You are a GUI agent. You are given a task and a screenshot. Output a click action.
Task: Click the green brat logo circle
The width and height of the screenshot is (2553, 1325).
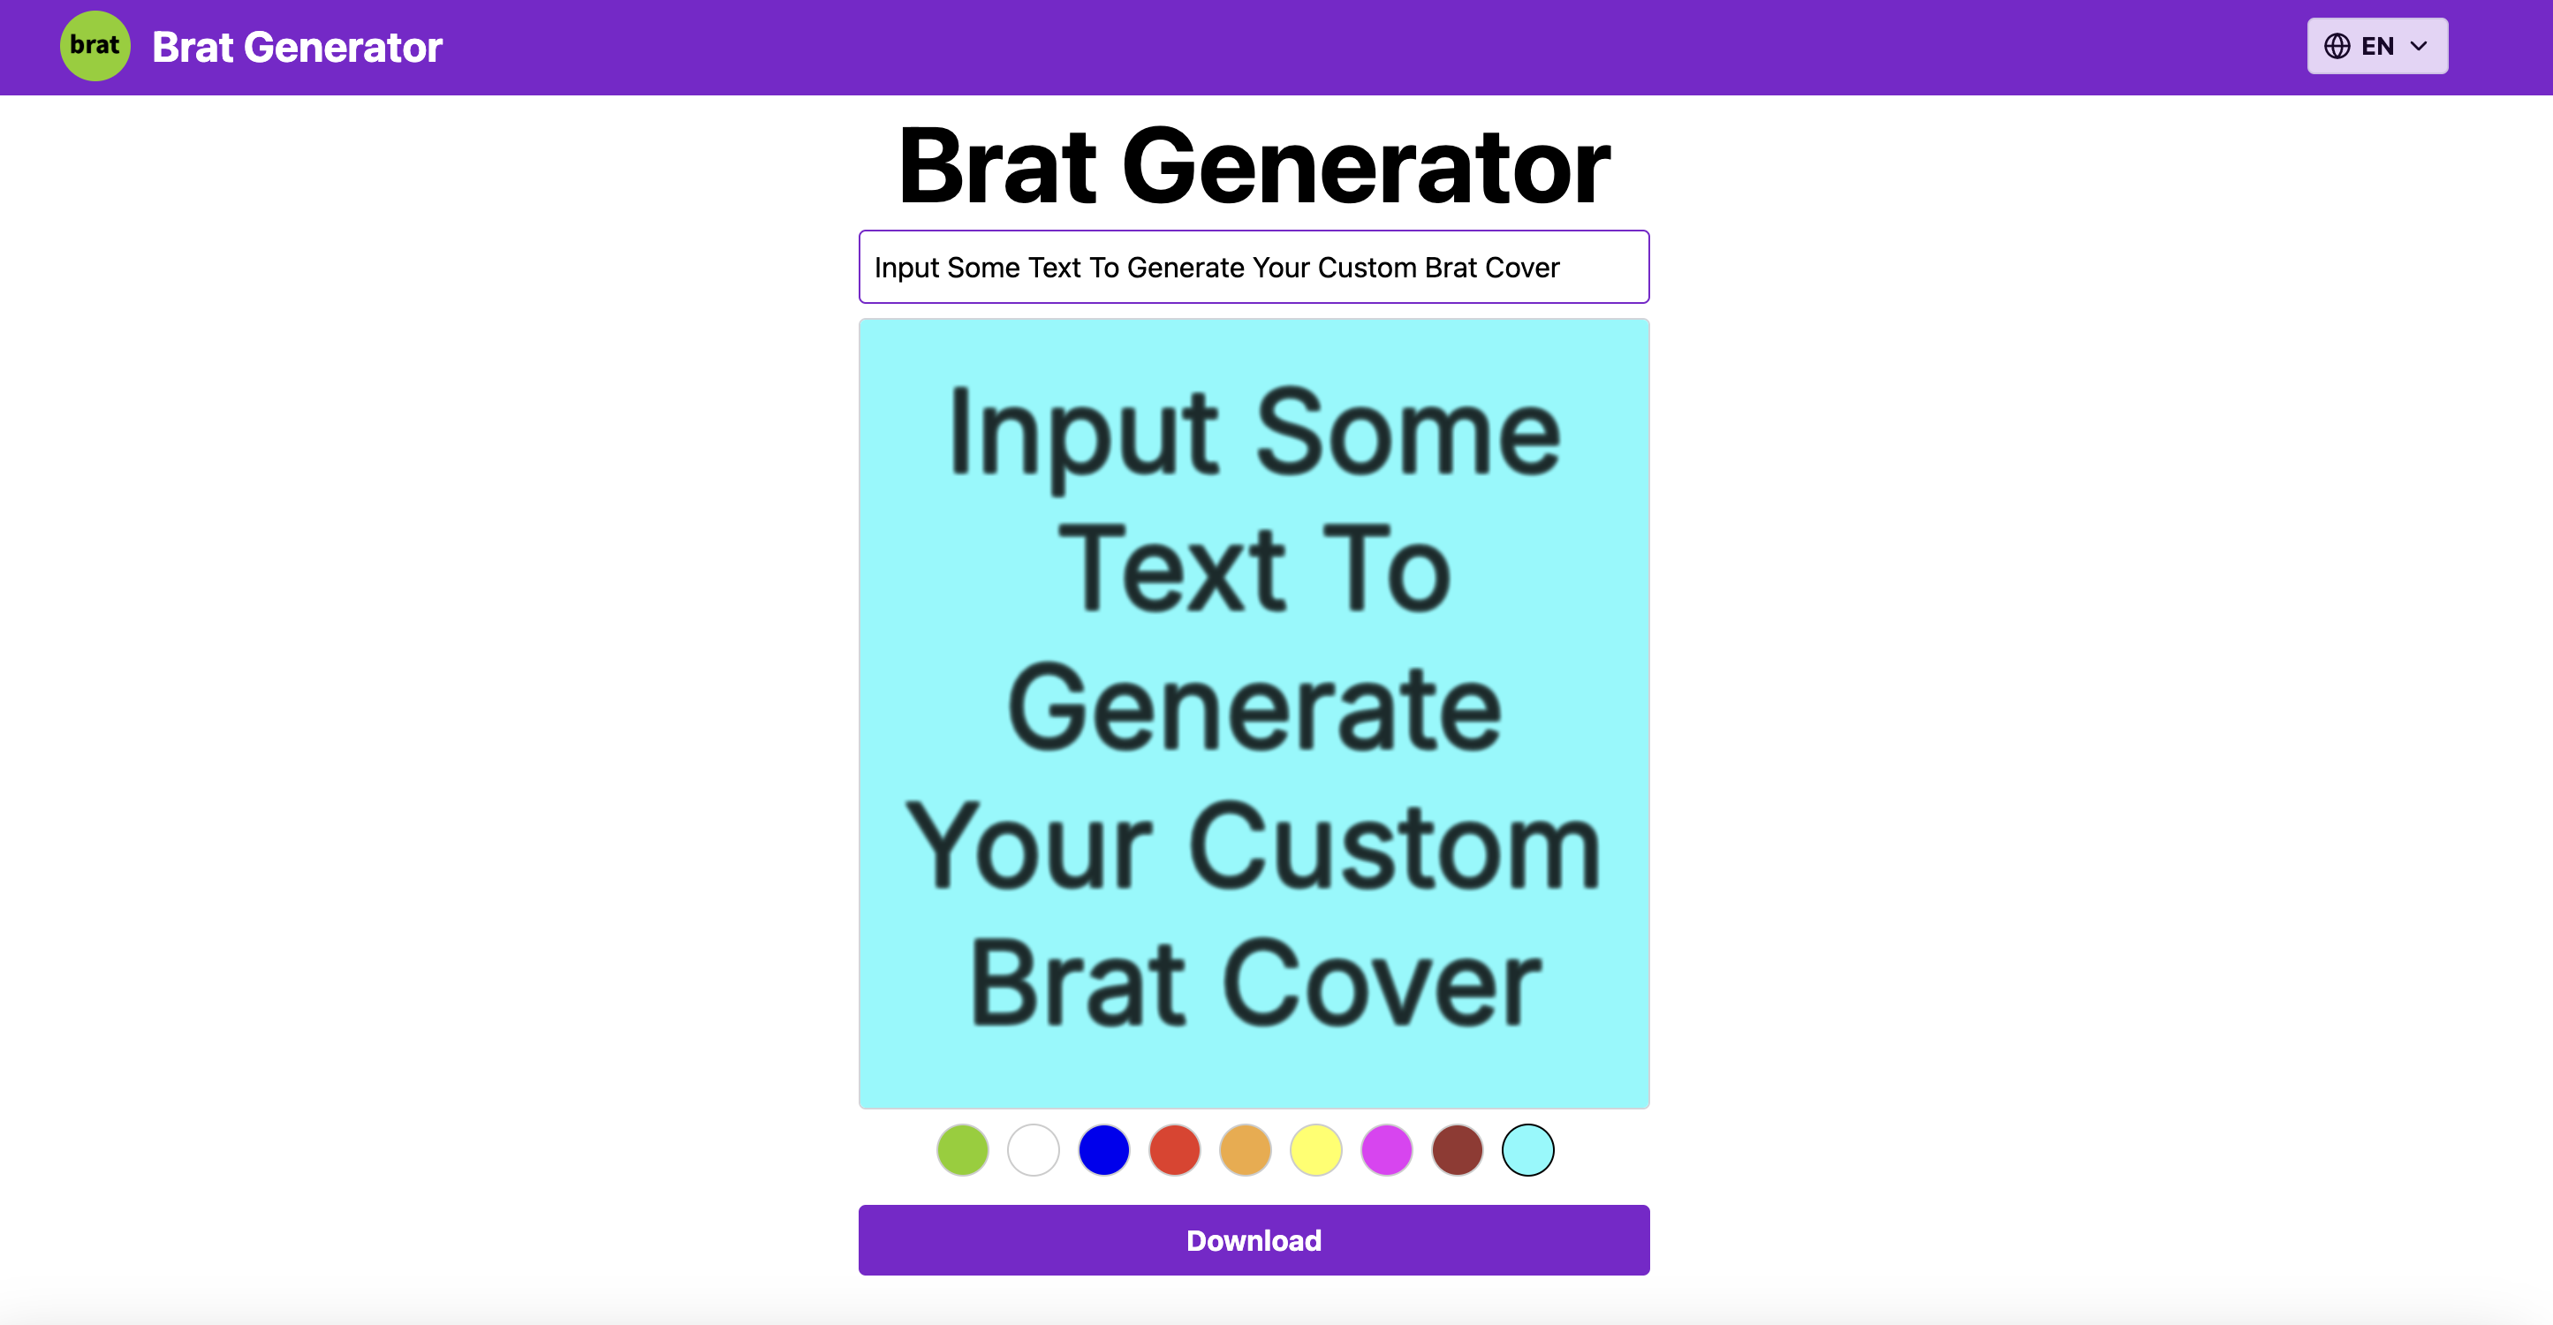point(95,46)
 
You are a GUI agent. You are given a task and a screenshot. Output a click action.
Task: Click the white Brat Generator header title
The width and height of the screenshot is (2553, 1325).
point(298,47)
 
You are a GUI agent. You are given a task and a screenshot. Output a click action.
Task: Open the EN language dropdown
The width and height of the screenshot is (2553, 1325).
point(2375,46)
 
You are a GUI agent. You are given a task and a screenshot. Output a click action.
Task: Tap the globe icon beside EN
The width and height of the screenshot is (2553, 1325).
point(2336,46)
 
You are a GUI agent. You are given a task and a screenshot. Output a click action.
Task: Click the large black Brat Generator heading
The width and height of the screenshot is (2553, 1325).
point(1254,165)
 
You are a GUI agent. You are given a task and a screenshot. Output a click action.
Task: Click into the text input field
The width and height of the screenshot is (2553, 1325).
point(1254,267)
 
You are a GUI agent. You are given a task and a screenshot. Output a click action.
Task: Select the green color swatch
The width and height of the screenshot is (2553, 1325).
point(962,1149)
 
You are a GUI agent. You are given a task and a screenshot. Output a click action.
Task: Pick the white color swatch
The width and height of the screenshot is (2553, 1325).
point(1033,1149)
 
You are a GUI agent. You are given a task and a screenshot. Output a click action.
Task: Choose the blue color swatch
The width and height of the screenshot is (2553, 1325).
point(1104,1149)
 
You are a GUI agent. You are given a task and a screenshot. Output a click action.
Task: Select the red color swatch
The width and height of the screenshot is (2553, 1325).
point(1174,1149)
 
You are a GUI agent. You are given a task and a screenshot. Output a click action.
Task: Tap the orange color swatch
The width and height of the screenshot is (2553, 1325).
point(1245,1149)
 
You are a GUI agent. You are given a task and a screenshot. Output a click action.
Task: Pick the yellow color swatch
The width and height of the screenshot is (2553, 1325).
point(1316,1149)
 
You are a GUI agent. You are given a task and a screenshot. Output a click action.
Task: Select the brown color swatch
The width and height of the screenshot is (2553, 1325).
point(1457,1149)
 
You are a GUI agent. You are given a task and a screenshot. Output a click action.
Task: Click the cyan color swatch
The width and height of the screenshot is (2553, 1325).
point(1527,1149)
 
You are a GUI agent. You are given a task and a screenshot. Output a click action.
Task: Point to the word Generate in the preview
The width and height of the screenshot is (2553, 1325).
point(1254,708)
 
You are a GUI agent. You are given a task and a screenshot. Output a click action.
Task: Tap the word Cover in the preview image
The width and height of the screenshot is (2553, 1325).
point(1382,984)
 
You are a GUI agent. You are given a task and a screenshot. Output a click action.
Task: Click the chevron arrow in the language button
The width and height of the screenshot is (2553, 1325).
point(2418,46)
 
